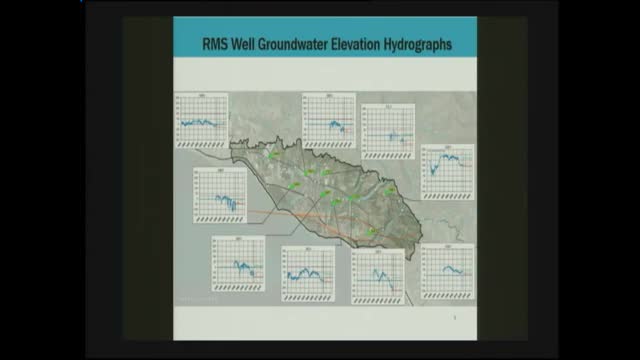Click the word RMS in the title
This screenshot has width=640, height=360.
(x=216, y=44)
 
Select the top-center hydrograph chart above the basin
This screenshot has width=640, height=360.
(x=329, y=119)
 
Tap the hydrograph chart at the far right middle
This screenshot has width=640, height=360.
(x=447, y=172)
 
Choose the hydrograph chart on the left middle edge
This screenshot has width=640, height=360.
(x=220, y=196)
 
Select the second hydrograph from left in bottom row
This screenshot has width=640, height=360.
(x=307, y=272)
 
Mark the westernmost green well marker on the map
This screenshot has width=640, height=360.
(x=270, y=156)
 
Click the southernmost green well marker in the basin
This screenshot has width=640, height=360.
(x=372, y=231)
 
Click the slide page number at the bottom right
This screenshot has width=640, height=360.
(x=456, y=319)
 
